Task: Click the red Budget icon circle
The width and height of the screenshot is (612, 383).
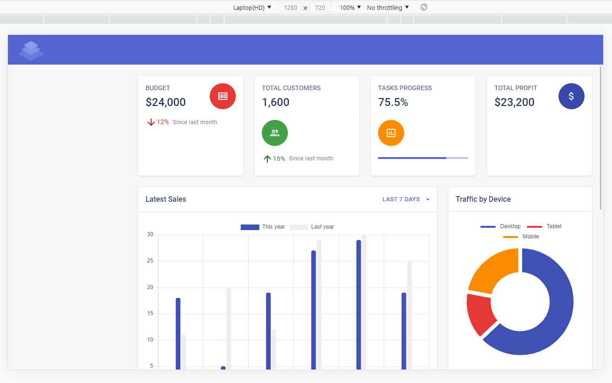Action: [x=223, y=96]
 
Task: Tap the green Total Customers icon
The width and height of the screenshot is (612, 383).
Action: [x=275, y=133]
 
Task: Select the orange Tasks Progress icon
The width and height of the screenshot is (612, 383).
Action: [x=391, y=133]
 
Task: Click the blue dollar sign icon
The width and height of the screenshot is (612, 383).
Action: [x=571, y=96]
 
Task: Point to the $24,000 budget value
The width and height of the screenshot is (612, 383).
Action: [x=166, y=102]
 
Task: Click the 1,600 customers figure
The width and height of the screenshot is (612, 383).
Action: [x=276, y=102]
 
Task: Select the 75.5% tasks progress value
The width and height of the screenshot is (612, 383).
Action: [x=393, y=102]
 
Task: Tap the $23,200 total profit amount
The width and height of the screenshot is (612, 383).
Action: [x=514, y=102]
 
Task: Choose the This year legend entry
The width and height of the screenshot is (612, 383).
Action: [x=263, y=227]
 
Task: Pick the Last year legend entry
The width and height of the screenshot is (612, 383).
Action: [x=312, y=227]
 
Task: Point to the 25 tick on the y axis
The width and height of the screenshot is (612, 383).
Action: [x=150, y=261]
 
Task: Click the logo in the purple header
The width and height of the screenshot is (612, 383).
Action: [x=31, y=51]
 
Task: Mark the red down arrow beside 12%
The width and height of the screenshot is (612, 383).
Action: [x=151, y=122]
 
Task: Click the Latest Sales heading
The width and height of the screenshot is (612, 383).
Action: [x=166, y=199]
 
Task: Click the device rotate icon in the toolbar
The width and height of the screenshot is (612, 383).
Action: [x=424, y=7]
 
